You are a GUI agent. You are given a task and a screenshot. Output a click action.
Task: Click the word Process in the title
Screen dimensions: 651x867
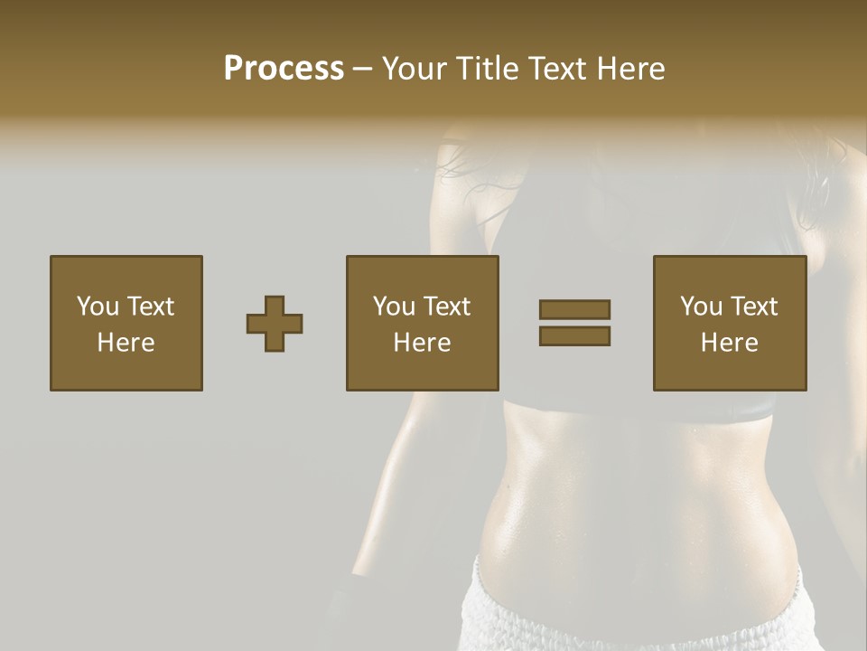(x=284, y=69)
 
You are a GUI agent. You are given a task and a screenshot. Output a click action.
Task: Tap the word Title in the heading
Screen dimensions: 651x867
(x=486, y=69)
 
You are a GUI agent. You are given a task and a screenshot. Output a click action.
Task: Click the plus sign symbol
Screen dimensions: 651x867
(x=275, y=324)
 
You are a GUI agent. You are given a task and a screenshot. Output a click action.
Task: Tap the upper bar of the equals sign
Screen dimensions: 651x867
(x=574, y=310)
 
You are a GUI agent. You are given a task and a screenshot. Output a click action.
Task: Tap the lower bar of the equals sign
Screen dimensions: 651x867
(x=574, y=335)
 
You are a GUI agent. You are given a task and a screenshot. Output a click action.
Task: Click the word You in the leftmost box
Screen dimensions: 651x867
(x=97, y=307)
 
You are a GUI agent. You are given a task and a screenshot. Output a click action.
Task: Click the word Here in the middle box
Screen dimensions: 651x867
(x=422, y=343)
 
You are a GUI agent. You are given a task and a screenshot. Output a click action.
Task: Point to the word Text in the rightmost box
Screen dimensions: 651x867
(x=754, y=307)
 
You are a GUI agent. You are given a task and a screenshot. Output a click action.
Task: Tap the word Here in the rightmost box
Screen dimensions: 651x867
(x=729, y=343)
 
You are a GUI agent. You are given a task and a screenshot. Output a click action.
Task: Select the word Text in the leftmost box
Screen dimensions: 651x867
(x=150, y=307)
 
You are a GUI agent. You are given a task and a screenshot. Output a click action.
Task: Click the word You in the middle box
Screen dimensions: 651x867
(x=393, y=307)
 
